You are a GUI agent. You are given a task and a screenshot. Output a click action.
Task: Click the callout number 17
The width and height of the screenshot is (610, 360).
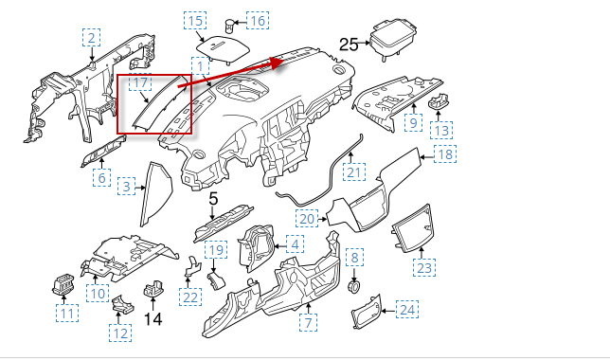(140, 82)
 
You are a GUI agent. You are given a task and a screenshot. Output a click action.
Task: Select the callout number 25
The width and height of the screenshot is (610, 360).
(349, 45)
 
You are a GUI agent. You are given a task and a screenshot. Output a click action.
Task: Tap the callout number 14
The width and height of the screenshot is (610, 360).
(153, 319)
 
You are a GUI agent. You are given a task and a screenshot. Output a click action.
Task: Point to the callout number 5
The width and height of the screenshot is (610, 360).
(213, 199)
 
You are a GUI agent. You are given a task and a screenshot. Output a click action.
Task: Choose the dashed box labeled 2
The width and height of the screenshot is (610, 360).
(92, 38)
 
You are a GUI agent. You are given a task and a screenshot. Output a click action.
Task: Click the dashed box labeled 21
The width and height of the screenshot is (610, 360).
(354, 171)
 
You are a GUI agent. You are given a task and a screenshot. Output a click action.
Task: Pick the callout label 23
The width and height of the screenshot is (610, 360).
(424, 268)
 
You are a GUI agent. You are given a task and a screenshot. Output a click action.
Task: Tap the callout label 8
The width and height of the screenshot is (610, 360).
(354, 258)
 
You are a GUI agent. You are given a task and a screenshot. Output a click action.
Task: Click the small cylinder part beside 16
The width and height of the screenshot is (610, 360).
(229, 27)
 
